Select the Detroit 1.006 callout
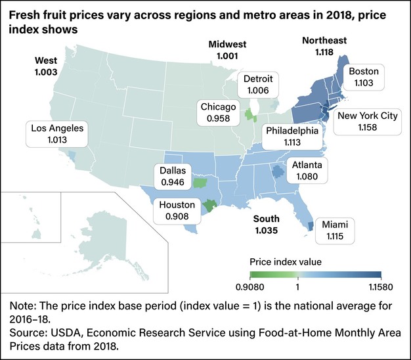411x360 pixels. click(x=260, y=84)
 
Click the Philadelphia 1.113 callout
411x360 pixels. click(x=292, y=137)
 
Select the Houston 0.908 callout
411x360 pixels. click(x=177, y=210)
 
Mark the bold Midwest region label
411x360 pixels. click(x=227, y=50)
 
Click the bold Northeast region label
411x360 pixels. click(x=324, y=45)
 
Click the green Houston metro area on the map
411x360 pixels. click(x=209, y=205)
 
